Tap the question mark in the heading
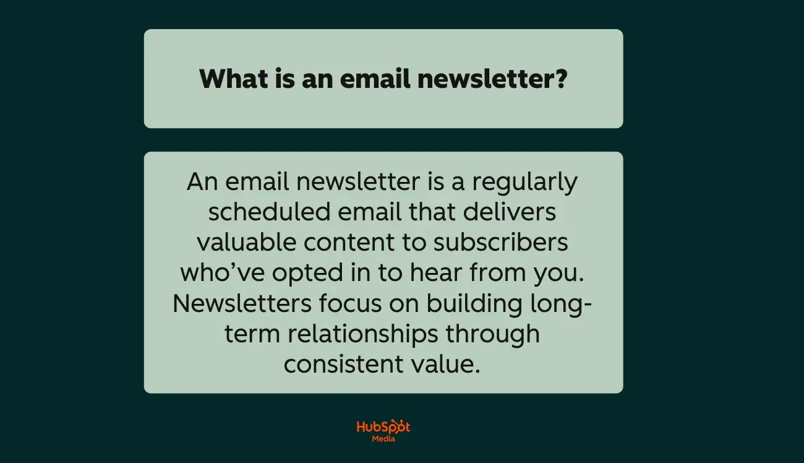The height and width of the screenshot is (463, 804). point(560,79)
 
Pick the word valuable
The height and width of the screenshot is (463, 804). point(246,243)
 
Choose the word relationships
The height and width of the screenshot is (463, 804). point(363,334)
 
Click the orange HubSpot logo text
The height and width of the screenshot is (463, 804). point(383,427)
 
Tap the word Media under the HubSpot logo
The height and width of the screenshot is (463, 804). point(383,439)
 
